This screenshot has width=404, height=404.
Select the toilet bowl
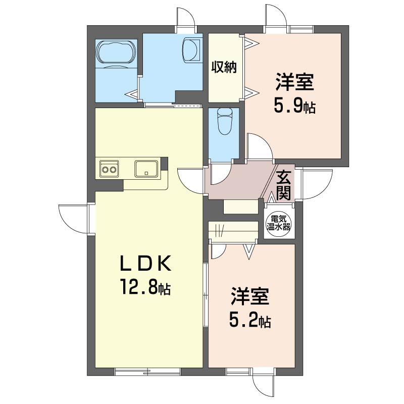click(223, 121)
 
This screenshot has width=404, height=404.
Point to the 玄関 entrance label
click(283, 184)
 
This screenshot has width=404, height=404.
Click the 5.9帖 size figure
click(294, 107)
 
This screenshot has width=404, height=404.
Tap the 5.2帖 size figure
click(250, 320)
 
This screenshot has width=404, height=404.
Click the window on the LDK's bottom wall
click(147, 372)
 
